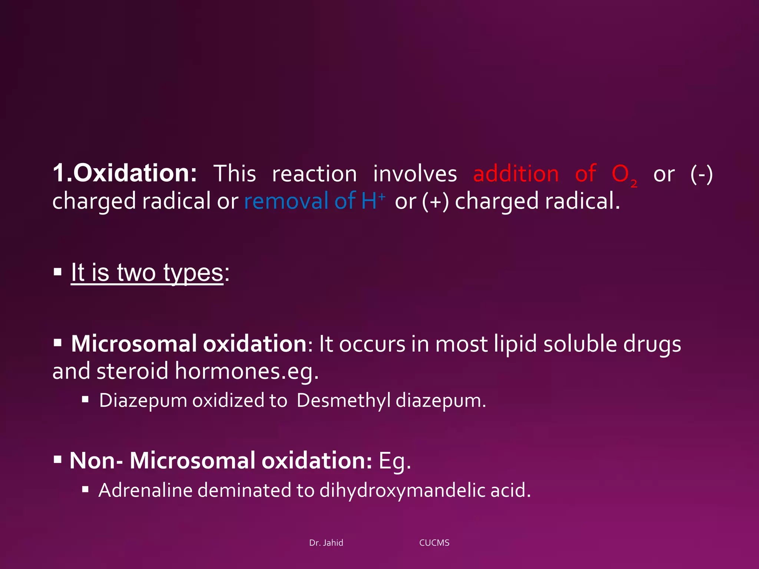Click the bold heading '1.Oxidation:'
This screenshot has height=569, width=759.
[125, 173]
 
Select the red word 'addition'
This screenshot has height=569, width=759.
[516, 174]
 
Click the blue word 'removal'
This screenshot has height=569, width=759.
[286, 201]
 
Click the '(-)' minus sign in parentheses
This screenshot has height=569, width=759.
[701, 174]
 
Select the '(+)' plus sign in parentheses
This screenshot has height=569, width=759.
[435, 201]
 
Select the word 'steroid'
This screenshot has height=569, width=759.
[132, 371]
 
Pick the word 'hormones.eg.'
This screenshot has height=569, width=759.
[246, 371]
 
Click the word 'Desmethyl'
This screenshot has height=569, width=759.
[343, 401]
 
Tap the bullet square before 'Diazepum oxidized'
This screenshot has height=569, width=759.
[85, 399]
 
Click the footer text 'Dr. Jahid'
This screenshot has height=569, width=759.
[326, 543]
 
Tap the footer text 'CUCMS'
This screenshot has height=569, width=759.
[434, 543]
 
